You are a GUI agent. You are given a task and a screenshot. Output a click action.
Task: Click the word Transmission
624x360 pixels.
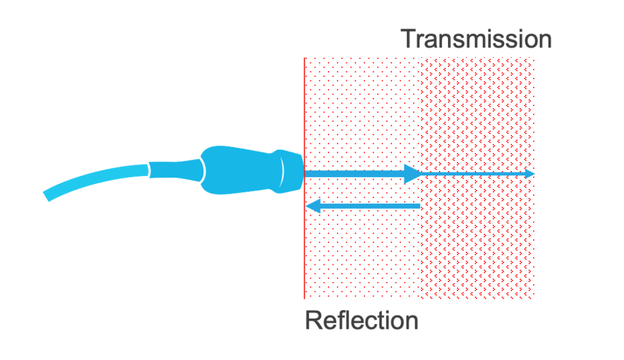[476, 39]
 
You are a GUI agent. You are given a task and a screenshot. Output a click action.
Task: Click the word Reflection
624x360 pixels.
[361, 320]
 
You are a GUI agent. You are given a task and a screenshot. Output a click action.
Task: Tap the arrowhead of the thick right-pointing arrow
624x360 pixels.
[413, 174]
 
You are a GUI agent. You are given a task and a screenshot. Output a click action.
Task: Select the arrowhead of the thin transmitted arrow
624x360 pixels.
[530, 174]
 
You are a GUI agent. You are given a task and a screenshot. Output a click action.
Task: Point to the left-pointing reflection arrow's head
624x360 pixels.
[313, 206]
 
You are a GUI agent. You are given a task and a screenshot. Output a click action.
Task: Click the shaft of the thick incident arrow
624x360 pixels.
[354, 174]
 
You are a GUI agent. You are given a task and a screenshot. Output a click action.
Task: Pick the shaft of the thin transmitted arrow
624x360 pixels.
[473, 174]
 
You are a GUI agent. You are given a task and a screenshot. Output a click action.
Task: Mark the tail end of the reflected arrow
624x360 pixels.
[420, 206]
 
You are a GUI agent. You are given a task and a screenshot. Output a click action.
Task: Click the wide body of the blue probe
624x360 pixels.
[239, 171]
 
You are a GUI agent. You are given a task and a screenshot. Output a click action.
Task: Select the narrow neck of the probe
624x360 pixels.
[175, 170]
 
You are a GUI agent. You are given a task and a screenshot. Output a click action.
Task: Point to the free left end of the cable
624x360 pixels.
[46, 197]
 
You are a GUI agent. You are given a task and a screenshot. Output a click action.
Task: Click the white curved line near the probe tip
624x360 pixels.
[282, 171]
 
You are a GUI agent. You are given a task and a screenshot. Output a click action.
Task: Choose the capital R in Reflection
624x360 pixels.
[313, 320]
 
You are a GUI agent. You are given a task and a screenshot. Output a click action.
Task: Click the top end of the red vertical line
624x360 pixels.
[305, 58]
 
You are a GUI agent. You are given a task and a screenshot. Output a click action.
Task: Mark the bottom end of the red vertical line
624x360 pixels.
[305, 298]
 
